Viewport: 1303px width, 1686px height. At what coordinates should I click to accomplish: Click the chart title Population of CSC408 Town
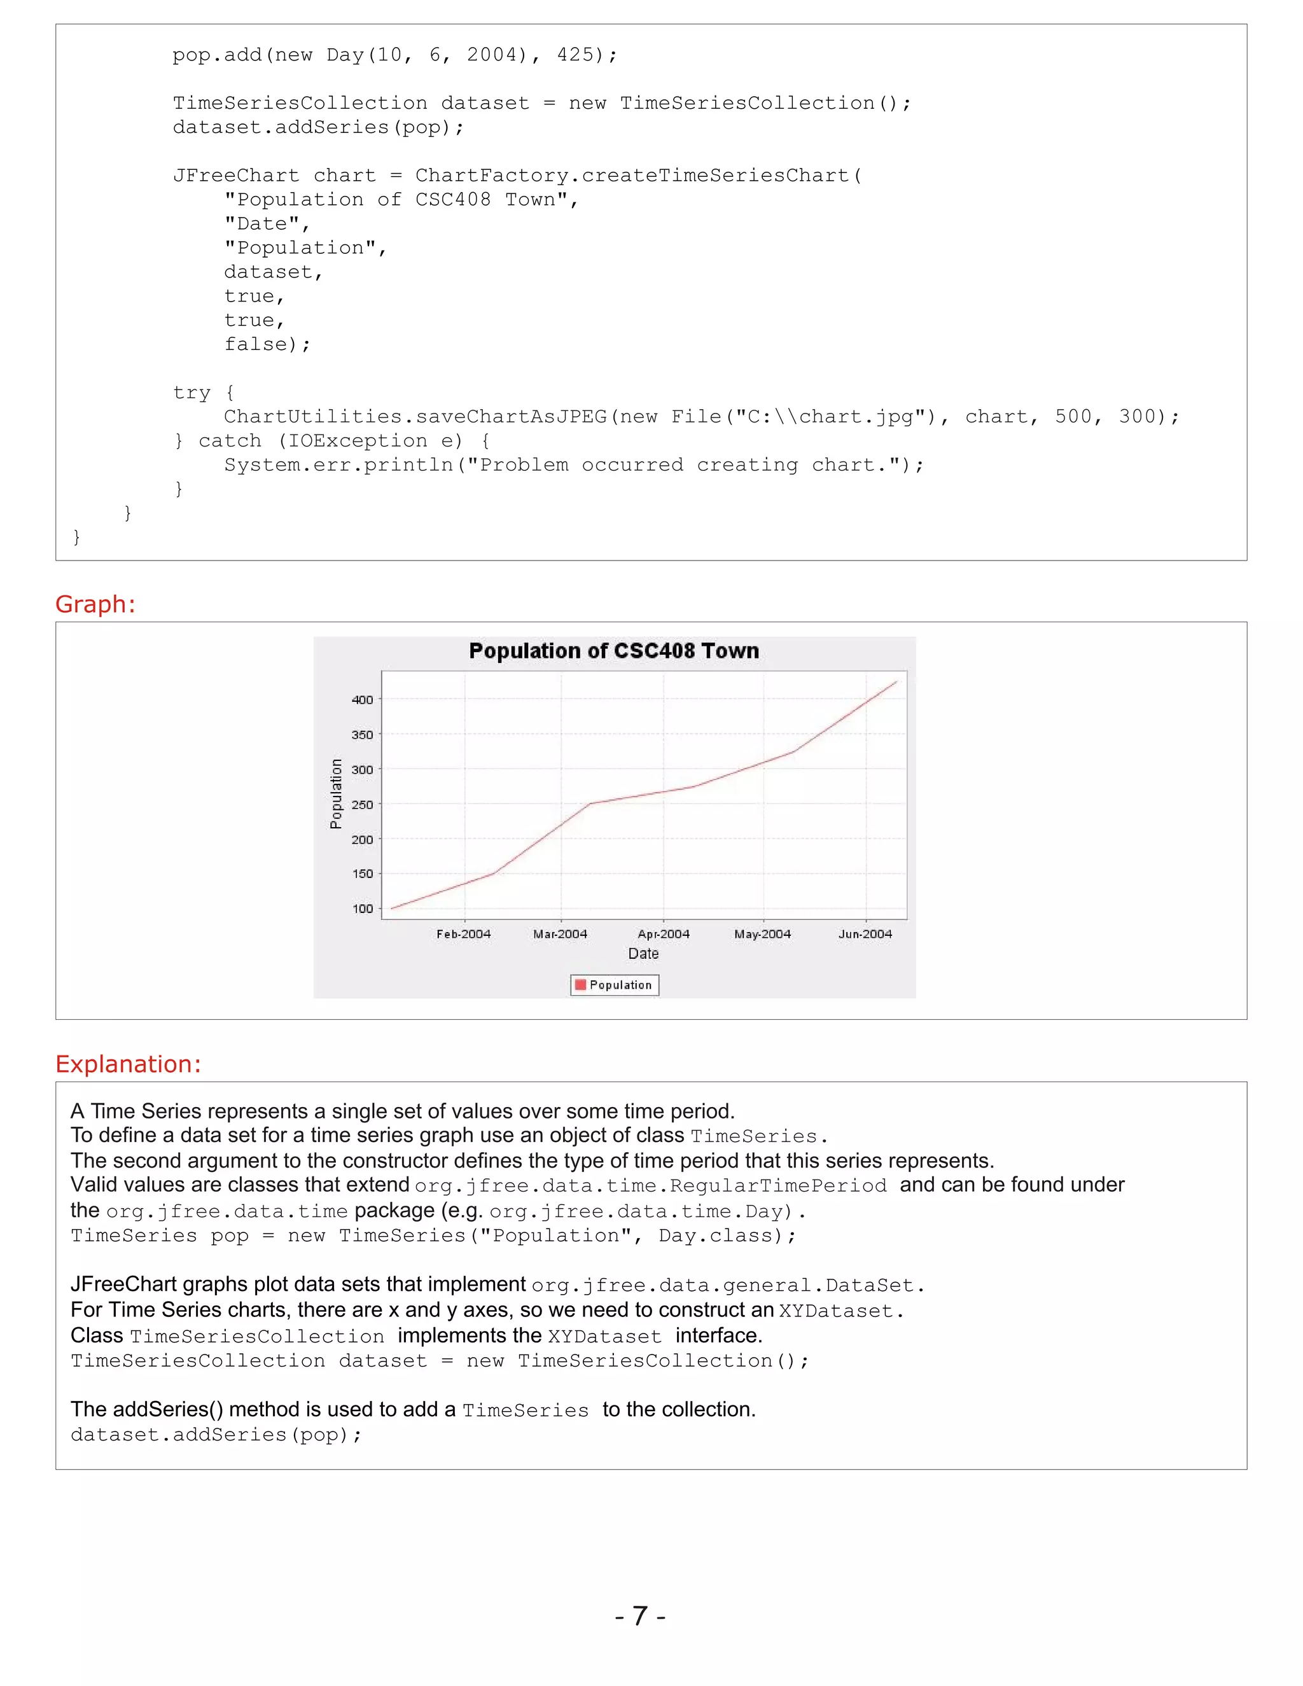tap(614, 651)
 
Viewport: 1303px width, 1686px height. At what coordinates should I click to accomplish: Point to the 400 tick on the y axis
tap(362, 699)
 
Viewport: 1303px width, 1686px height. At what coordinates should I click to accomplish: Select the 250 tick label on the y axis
tap(362, 804)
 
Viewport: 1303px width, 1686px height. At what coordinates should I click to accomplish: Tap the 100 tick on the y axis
tap(362, 909)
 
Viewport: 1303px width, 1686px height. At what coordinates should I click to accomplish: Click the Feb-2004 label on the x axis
tap(463, 934)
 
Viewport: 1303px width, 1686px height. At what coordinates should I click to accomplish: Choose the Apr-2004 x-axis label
tap(663, 934)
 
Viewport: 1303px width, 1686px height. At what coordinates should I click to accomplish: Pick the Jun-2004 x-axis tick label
tap(865, 934)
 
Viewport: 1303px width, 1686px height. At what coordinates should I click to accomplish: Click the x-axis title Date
tap(643, 954)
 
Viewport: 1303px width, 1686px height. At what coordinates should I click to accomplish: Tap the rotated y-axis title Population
tap(336, 793)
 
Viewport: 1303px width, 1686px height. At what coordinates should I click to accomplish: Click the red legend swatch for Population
tap(580, 984)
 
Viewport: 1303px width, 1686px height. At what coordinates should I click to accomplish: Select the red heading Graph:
tap(95, 604)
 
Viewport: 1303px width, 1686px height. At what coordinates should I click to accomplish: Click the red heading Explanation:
tap(128, 1064)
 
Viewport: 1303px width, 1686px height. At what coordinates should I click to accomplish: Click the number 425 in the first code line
tap(575, 55)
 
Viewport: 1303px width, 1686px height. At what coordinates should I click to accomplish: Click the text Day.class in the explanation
tap(714, 1236)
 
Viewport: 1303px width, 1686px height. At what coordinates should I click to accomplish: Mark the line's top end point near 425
tap(896, 681)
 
